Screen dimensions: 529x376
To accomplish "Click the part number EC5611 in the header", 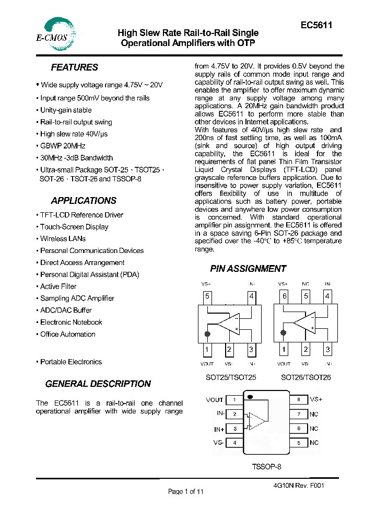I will click(x=316, y=25).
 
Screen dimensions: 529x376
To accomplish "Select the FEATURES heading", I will click(x=74, y=67).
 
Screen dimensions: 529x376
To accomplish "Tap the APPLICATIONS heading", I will click(x=84, y=201).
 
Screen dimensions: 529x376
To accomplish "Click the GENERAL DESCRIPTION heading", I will click(x=98, y=384).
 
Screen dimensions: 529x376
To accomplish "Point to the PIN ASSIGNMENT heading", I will click(x=248, y=269).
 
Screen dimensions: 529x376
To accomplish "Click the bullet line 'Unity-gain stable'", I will click(x=66, y=110).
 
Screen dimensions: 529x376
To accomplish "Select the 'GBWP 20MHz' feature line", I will click(x=63, y=146).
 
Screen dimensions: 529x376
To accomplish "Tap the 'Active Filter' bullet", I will click(x=58, y=286).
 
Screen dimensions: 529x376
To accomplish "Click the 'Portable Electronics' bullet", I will click(x=71, y=362).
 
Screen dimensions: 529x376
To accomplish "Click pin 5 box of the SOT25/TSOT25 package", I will click(x=207, y=297).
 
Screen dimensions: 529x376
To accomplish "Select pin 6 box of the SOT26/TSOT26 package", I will click(x=284, y=297).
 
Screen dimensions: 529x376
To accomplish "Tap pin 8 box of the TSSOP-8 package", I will click(x=298, y=399).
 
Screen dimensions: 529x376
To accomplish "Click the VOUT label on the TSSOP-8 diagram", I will click(x=215, y=400).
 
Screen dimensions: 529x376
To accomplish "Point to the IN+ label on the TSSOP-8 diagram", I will click(x=219, y=429).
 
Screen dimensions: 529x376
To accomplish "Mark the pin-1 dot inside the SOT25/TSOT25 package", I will click(x=208, y=333).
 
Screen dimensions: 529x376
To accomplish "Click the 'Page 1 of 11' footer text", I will click(x=185, y=491).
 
